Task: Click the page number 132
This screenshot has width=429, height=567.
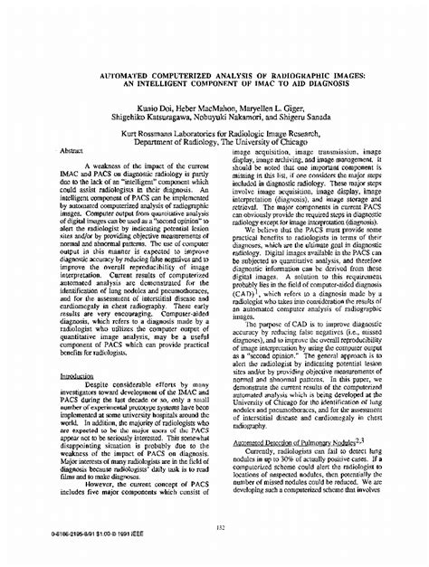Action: tap(214, 528)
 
